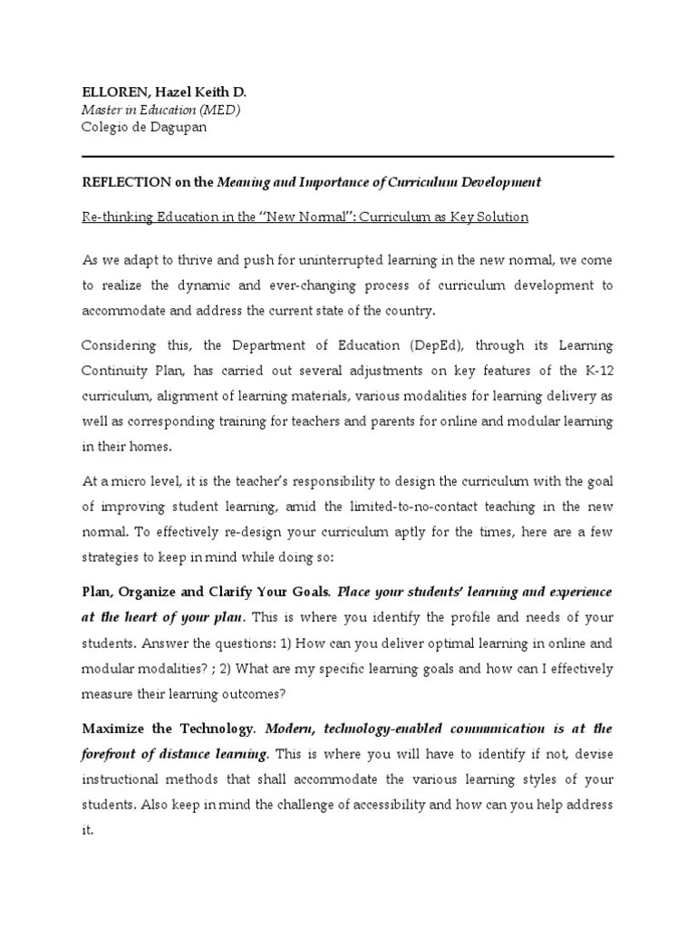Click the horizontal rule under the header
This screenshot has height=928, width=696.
pos(348,156)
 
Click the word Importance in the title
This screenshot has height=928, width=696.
pos(337,182)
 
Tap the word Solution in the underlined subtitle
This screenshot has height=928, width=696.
pos(502,217)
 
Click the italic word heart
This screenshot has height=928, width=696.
pos(142,617)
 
